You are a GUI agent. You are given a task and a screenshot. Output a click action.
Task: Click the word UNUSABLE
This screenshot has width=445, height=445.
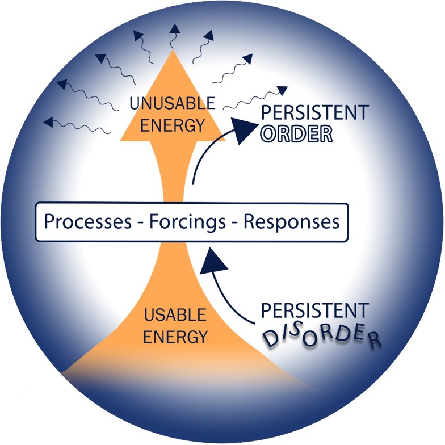[x=173, y=103]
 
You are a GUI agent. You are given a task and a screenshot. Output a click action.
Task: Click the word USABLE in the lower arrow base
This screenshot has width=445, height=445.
[x=175, y=314]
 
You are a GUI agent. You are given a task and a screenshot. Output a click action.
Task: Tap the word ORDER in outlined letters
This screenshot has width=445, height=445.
[x=296, y=134]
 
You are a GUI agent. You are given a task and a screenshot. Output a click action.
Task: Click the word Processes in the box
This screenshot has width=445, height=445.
[x=88, y=221]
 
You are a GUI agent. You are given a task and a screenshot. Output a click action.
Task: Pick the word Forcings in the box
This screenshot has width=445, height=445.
[x=187, y=222]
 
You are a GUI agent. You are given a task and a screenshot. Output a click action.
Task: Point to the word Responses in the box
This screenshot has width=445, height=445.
[x=292, y=222]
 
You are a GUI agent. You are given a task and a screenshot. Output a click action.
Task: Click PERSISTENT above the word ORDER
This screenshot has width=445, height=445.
[x=314, y=112]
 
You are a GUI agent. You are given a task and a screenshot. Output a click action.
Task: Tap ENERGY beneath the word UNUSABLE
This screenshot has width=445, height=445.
[x=173, y=125]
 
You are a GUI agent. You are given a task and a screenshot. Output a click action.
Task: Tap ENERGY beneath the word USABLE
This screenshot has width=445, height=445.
[x=175, y=337]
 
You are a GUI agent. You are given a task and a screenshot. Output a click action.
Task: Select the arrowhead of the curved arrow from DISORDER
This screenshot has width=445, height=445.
[x=213, y=261]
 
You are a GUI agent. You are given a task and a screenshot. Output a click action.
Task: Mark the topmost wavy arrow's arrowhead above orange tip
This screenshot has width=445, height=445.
[x=175, y=29]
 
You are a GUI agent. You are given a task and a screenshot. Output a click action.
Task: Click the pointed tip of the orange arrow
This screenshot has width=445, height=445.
[x=173, y=50]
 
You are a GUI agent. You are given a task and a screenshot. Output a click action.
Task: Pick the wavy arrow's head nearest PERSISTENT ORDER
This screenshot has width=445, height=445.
[x=283, y=90]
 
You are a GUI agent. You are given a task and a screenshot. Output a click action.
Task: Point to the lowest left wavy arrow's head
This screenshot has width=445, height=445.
[x=48, y=121]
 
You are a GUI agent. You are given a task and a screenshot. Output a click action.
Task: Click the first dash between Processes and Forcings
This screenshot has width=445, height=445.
[x=140, y=223]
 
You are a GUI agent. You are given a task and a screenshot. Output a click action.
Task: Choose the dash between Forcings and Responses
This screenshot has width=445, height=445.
[x=235, y=223]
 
